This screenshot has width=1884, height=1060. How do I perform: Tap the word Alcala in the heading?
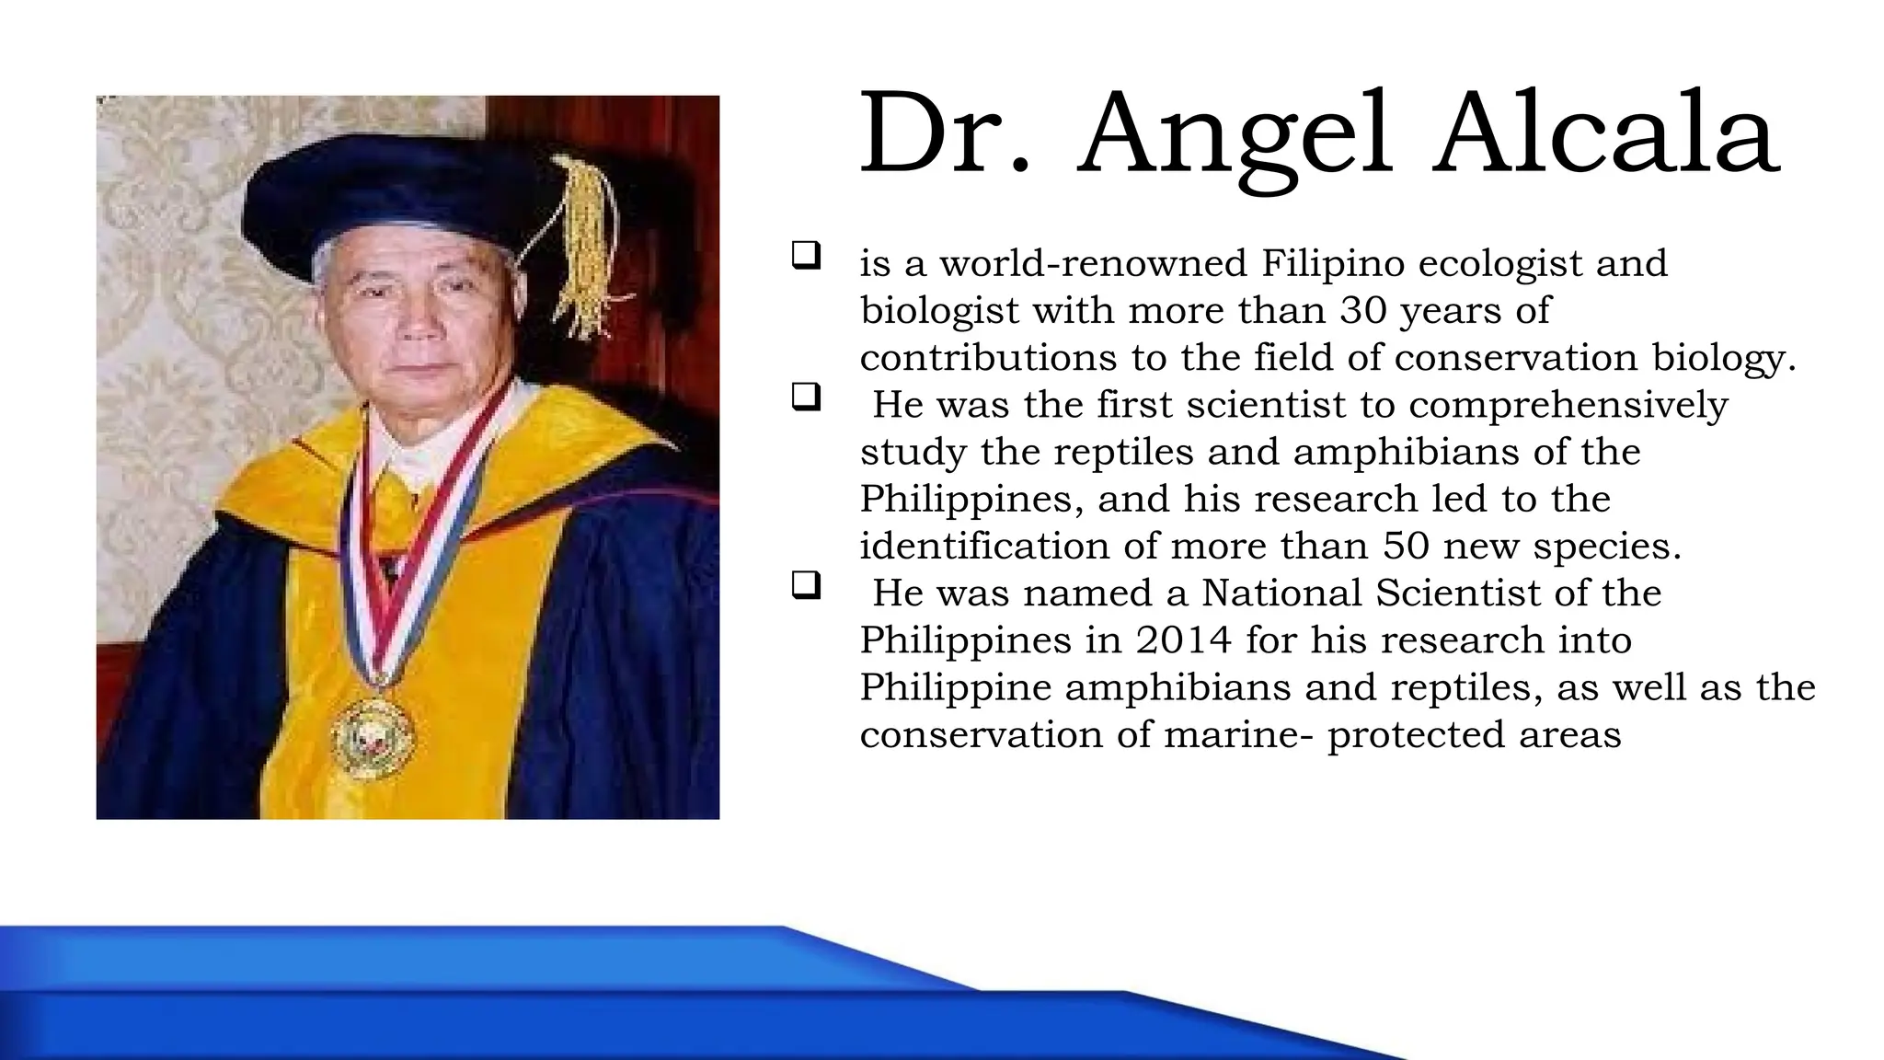click(x=1605, y=136)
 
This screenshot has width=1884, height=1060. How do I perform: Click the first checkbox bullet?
click(x=805, y=255)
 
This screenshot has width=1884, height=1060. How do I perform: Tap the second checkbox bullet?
click(x=805, y=397)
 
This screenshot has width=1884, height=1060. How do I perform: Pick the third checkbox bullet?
click(x=805, y=585)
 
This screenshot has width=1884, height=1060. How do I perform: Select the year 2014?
click(x=1183, y=640)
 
